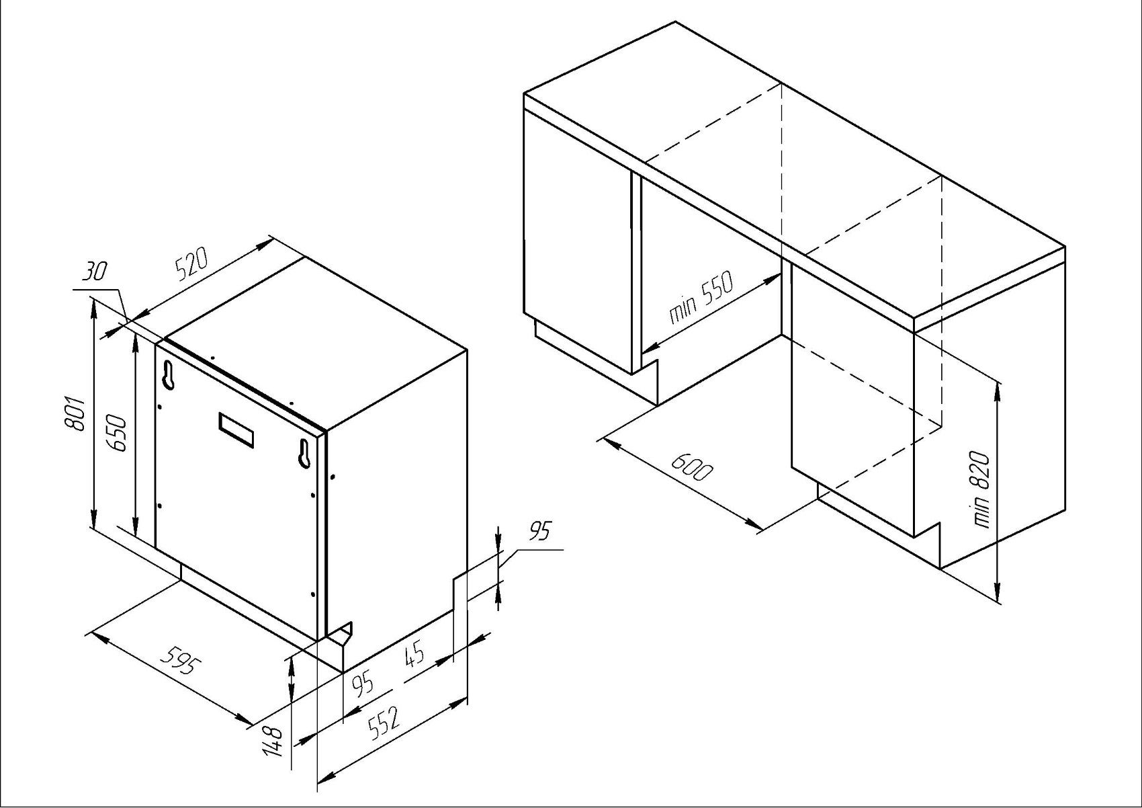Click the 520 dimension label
click(191, 266)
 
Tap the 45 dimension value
click(414, 655)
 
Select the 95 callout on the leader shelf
click(539, 531)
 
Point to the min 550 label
click(701, 298)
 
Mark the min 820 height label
click(981, 489)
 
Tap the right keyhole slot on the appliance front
click(306, 452)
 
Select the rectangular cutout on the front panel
click(236, 430)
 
